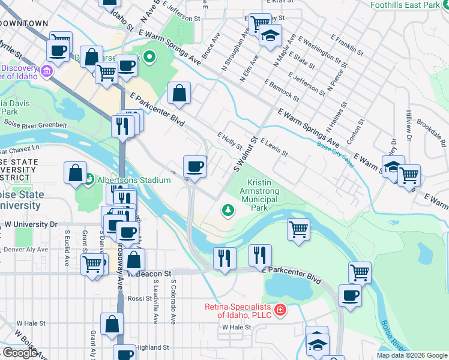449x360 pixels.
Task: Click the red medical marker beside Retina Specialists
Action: click(279, 310)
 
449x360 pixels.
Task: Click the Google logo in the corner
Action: click(20, 353)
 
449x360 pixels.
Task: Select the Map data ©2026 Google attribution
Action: click(412, 355)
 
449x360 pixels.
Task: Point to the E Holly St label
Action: click(229, 142)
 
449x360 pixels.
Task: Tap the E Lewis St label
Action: click(274, 147)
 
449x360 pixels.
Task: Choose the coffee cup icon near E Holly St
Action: click(195, 166)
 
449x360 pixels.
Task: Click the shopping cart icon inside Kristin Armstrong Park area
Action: click(298, 229)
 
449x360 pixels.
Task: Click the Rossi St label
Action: click(139, 298)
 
